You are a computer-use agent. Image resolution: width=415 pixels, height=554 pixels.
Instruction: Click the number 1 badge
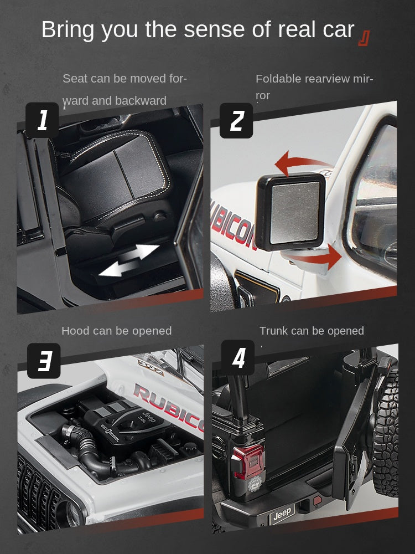(x=42, y=120)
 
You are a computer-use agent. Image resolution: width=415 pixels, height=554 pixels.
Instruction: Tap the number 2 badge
(x=236, y=120)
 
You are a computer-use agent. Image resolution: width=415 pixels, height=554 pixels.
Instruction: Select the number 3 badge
(x=44, y=361)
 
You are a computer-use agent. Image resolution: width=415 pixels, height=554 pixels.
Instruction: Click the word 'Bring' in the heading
(x=71, y=30)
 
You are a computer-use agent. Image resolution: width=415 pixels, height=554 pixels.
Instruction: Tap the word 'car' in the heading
(x=335, y=30)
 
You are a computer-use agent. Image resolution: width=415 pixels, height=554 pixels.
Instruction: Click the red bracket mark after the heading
(x=364, y=37)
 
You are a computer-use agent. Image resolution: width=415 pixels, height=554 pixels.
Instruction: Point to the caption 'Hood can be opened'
(x=117, y=331)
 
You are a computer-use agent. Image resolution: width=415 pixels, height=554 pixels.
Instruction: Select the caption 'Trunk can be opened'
(x=312, y=331)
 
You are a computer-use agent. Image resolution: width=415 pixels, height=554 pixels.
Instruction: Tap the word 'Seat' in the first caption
(x=75, y=78)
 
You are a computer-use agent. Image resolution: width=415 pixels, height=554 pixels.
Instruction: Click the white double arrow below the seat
(x=129, y=260)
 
